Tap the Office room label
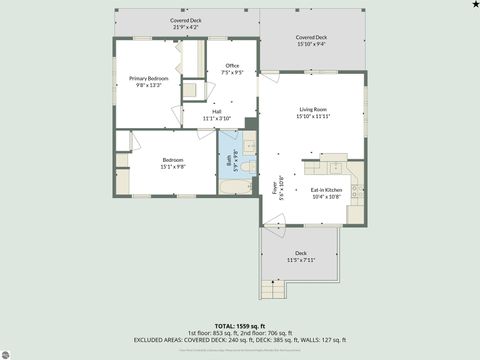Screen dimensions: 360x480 pos(232,66)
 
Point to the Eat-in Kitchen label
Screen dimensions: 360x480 pos(326,190)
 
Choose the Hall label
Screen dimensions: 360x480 pos(216,112)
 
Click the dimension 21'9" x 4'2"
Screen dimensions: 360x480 pos(185,27)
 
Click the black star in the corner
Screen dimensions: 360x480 pos(473,5)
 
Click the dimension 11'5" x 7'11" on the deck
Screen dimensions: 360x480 pos(300,259)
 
